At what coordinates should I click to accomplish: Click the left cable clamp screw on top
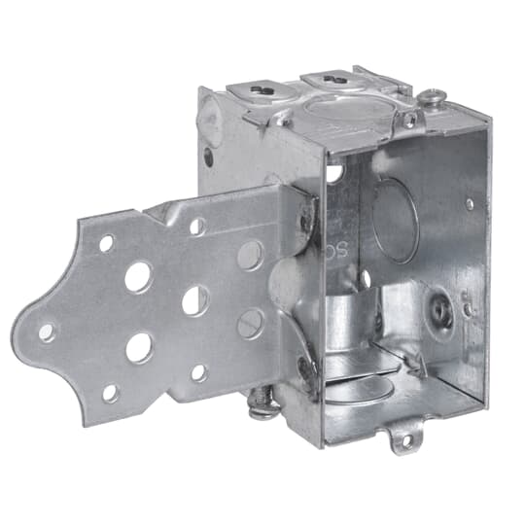click(x=260, y=89)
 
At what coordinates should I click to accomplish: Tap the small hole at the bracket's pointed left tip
click(x=47, y=332)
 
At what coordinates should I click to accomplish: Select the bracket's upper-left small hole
click(x=106, y=242)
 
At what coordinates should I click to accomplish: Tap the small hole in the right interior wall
click(x=470, y=204)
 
